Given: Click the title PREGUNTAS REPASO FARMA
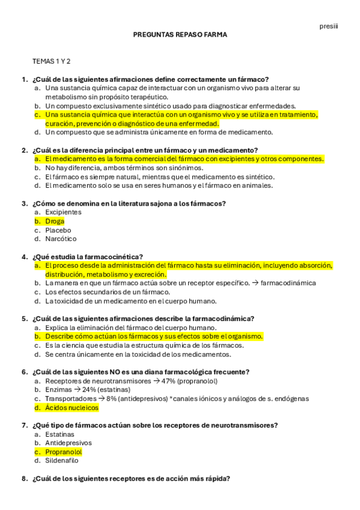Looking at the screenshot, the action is pyautogui.click(x=180, y=35).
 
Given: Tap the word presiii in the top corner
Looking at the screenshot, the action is pyautogui.click(x=328, y=26).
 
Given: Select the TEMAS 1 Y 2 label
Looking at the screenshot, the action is pyautogui.click(x=52, y=61).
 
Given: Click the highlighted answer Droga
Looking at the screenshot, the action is pyautogui.click(x=55, y=221).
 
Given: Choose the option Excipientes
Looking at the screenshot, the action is pyautogui.click(x=63, y=212).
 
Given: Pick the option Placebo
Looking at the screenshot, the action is pyautogui.click(x=58, y=230).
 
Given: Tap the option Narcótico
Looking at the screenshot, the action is pyautogui.click(x=61, y=239).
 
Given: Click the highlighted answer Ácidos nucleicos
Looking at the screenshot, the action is pyautogui.click(x=72, y=408).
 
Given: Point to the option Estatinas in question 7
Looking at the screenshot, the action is pyautogui.click(x=60, y=434).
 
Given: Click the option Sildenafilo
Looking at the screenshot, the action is pyautogui.click(x=62, y=461).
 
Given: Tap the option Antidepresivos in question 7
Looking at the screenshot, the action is pyautogui.click(x=68, y=443).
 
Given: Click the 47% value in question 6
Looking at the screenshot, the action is pyautogui.click(x=169, y=381).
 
